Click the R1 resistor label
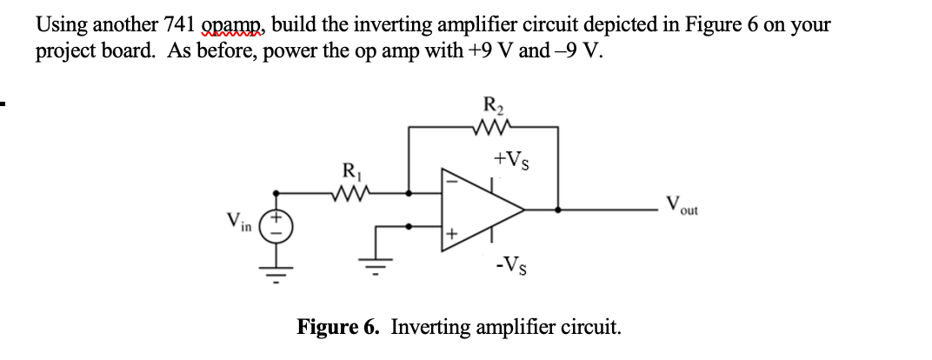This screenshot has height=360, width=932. point(350,170)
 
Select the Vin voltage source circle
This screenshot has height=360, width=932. point(280,230)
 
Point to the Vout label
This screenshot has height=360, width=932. point(682,208)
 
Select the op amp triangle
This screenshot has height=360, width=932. point(483,209)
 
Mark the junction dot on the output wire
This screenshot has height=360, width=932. point(558,209)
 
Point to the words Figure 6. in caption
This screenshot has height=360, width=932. point(339,328)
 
